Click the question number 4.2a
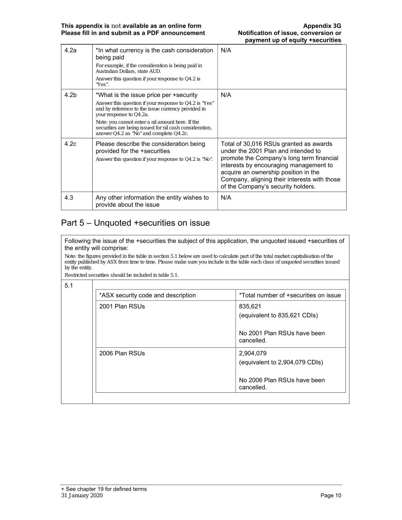pos(70,50)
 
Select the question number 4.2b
pos(70,95)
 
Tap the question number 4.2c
pos(70,144)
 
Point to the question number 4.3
pos(69,197)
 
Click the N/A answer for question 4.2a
pos(226,50)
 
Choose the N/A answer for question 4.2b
pos(226,95)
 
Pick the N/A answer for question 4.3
pos(226,197)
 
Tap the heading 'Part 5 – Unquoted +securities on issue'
pos(135,223)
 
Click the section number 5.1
pos(69,285)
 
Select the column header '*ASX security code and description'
pos(147,295)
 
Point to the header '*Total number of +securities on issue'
pos(290,295)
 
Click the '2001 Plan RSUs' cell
pos(122,306)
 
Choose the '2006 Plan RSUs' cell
pos(122,353)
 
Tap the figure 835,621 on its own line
pos(250,306)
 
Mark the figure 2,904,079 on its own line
pos(253,353)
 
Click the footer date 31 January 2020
pos(82,495)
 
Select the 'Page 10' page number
pos(331,495)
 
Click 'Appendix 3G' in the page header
pos(322,26)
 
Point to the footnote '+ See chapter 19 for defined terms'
pos(104,489)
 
